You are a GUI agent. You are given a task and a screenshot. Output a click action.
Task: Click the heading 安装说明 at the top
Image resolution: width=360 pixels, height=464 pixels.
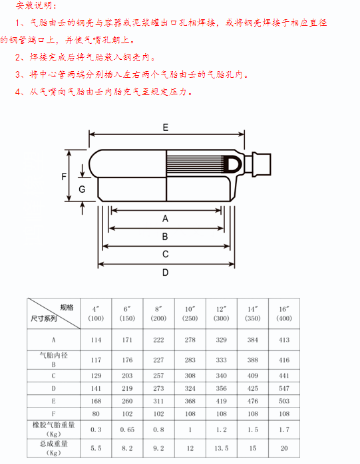(35, 5)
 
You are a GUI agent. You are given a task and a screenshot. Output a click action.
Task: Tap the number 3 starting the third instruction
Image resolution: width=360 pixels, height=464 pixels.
(19, 74)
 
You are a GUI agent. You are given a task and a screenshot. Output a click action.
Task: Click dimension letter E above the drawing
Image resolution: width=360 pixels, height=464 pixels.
(165, 128)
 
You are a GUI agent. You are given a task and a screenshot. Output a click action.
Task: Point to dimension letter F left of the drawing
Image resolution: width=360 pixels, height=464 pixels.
(64, 177)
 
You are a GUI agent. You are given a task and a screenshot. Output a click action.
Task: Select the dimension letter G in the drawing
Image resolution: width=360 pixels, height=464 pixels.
(82, 189)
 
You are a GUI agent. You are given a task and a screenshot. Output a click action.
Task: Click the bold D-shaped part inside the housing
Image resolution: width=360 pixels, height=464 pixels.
(234, 164)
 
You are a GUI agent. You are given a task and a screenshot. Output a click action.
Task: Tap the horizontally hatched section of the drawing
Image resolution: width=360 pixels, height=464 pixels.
(196, 164)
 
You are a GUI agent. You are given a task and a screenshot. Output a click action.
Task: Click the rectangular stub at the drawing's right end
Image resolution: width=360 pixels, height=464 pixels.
(262, 165)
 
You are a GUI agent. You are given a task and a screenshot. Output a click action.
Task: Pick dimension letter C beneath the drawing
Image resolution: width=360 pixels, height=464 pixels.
(165, 254)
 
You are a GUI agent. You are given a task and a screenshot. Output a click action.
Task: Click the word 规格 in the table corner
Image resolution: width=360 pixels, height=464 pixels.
(67, 308)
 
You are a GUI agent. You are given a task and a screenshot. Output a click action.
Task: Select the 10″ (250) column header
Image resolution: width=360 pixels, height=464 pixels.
(190, 314)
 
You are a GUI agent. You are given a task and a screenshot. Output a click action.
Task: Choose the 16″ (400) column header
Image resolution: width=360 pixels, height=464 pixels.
(284, 314)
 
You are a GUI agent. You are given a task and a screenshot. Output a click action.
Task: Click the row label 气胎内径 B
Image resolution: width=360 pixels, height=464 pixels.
(54, 360)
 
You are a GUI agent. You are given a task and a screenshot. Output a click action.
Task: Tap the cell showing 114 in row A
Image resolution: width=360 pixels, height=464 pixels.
(96, 340)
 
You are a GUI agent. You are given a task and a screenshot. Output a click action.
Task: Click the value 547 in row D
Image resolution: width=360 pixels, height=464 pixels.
(284, 388)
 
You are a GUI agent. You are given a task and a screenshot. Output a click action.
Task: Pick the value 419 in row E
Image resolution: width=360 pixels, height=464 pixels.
(221, 401)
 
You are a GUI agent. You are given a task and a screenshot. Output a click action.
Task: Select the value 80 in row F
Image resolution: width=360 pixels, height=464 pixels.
(96, 413)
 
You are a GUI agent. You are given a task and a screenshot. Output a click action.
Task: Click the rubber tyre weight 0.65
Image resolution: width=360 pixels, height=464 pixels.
(127, 429)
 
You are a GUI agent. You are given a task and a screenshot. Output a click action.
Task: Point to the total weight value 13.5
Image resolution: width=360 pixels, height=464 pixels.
(222, 448)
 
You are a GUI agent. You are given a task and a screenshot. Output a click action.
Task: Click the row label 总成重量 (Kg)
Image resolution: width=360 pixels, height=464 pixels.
(54, 448)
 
